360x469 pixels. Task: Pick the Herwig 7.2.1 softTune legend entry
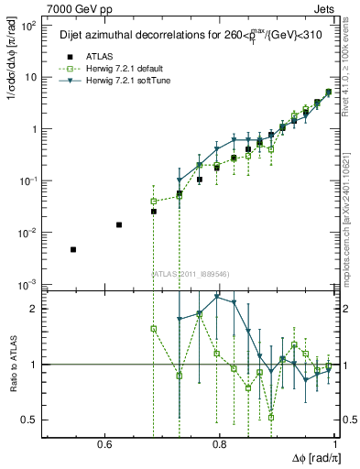(120, 81)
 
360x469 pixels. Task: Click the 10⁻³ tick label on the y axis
(28, 285)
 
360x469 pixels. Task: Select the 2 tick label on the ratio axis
(34, 309)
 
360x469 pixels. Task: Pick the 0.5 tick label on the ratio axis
(30, 420)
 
